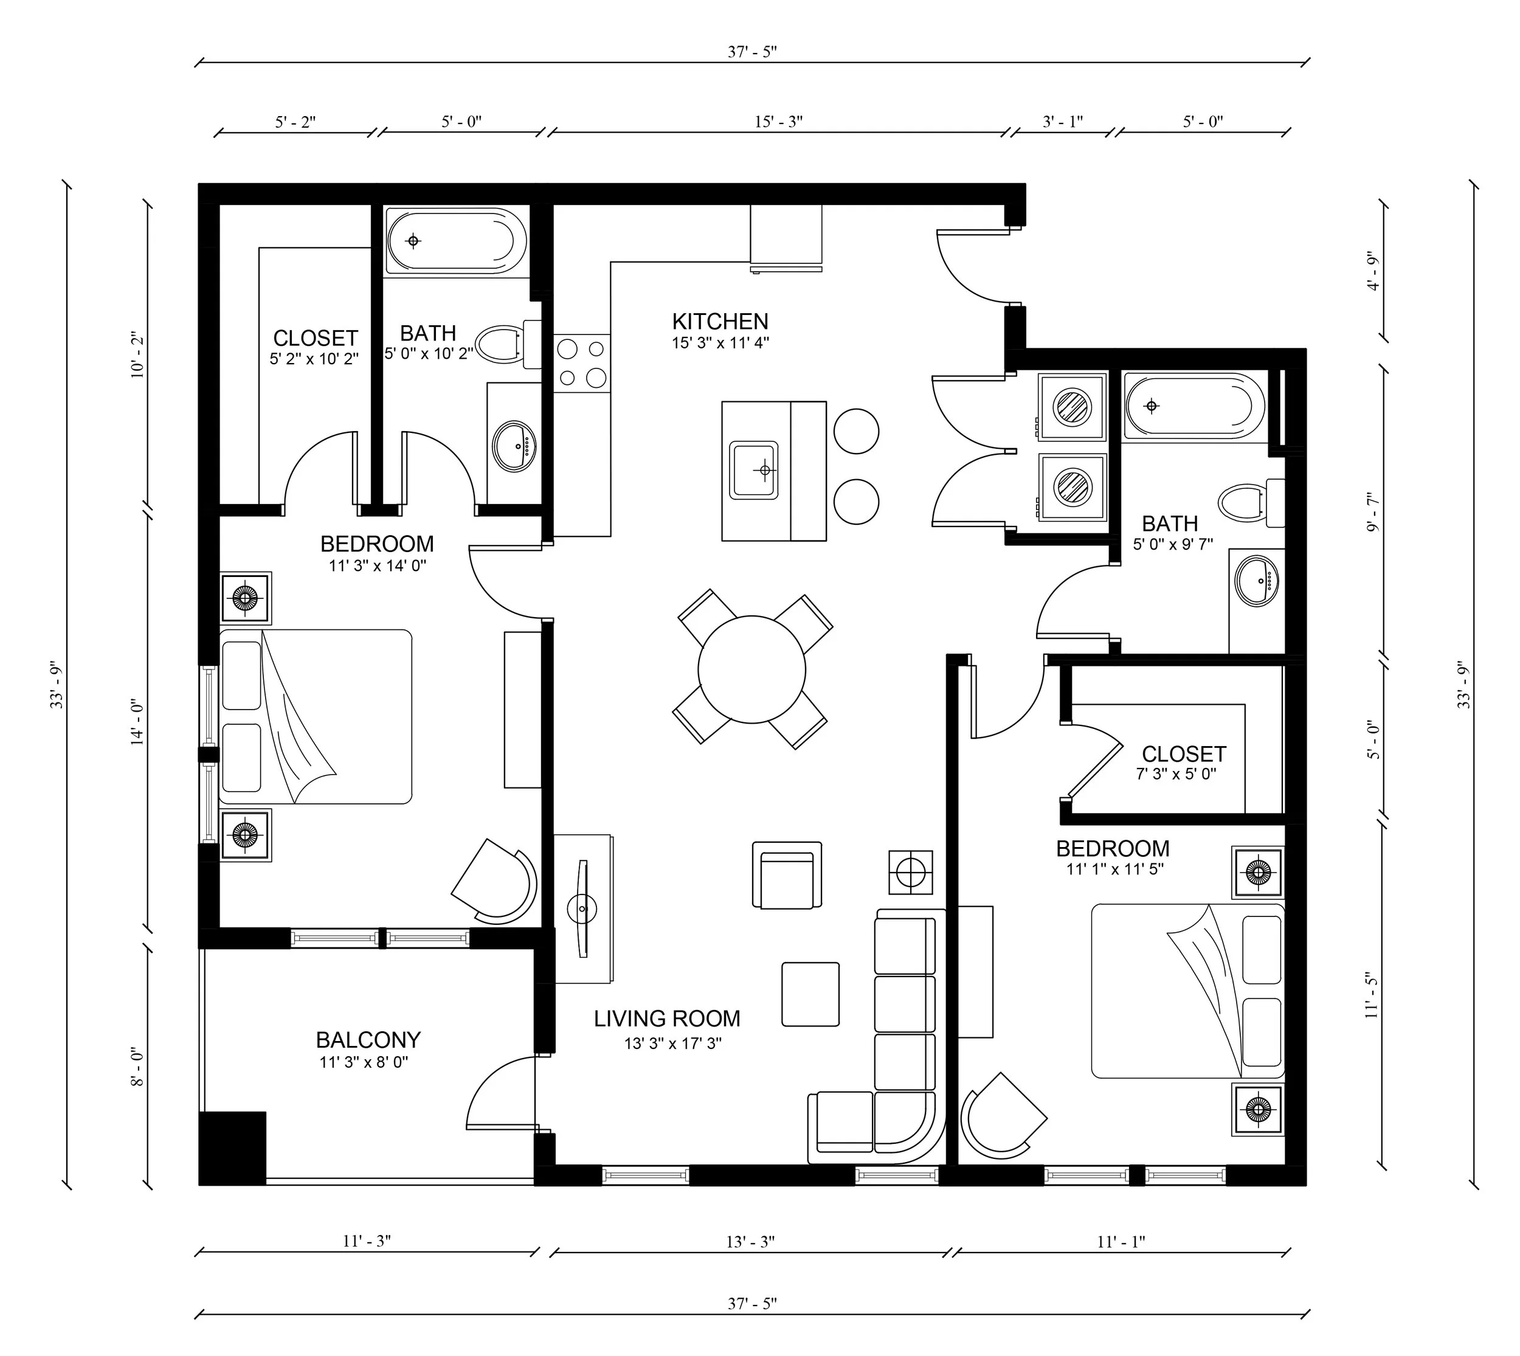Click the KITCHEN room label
click(720, 322)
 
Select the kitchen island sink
click(753, 470)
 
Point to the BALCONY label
click(368, 1040)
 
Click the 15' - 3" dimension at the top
click(778, 122)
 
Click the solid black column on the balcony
click(232, 1148)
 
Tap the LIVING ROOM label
click(667, 1019)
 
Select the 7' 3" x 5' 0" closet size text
click(1176, 774)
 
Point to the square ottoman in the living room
click(810, 994)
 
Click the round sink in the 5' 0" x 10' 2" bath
click(514, 446)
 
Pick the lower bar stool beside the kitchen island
click(856, 502)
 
